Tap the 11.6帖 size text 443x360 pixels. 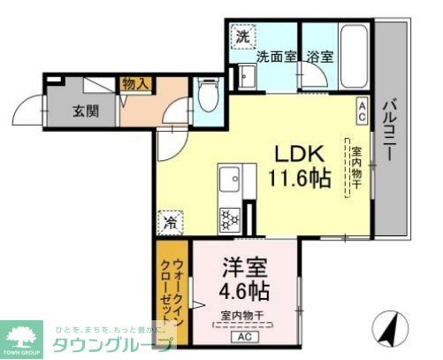click(300, 177)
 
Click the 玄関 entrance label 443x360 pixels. click(86, 111)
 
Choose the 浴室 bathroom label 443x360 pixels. click(319, 57)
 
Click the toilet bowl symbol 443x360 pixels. click(209, 97)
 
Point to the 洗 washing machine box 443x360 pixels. click(242, 37)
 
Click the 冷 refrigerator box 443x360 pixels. click(168, 224)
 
